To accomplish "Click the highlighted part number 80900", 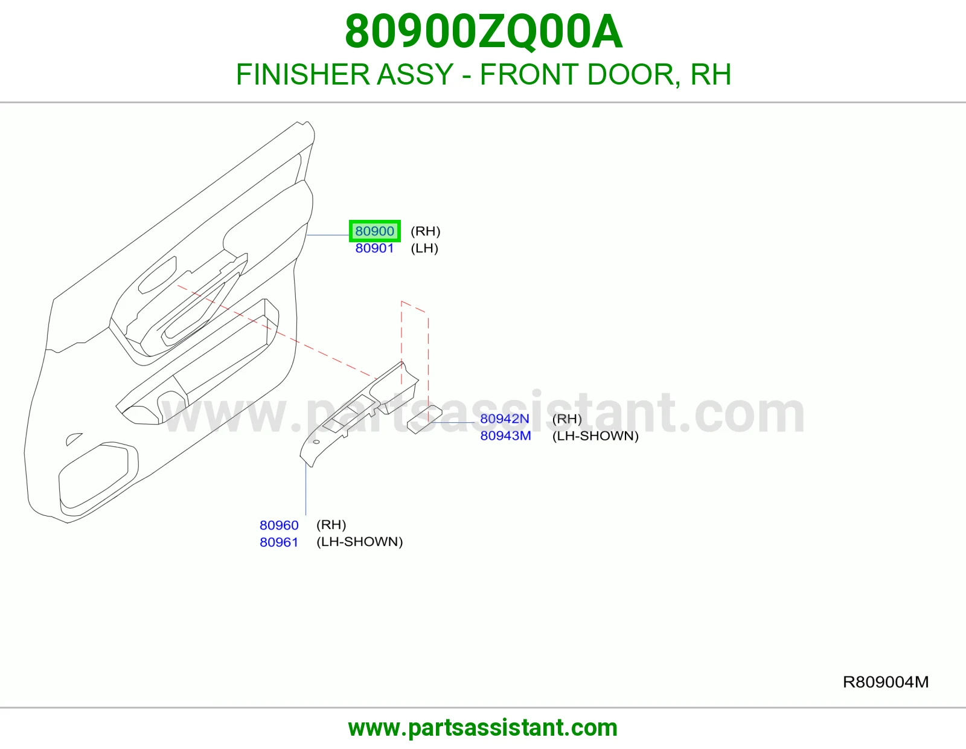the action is click(374, 231).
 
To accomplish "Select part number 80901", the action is click(374, 248).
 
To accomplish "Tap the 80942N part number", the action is click(505, 419).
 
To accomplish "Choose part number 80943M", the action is click(505, 436).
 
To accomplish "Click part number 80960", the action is click(279, 526).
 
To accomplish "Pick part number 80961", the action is click(279, 542).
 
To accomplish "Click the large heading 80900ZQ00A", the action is click(484, 31).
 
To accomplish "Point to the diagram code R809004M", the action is click(886, 682).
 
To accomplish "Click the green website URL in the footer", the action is click(483, 728).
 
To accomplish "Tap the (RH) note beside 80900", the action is click(426, 231).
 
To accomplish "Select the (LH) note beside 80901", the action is click(424, 248).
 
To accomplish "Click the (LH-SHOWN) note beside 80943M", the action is click(595, 436).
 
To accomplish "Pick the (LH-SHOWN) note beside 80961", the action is click(360, 542).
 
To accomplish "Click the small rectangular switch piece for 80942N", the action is click(424, 419).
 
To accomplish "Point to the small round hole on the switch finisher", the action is click(316, 442).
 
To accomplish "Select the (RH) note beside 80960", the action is click(331, 525).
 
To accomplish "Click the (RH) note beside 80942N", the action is click(567, 419).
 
